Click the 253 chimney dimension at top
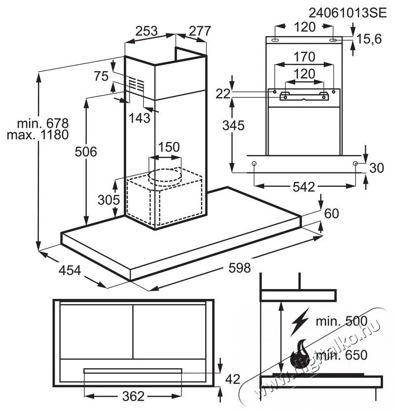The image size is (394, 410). point(146,31)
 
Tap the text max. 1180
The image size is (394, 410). point(37,134)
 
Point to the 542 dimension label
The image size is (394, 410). point(303,187)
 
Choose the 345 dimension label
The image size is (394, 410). point(233,125)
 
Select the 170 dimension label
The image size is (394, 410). point(304,57)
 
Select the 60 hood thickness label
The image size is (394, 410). point(332,213)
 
